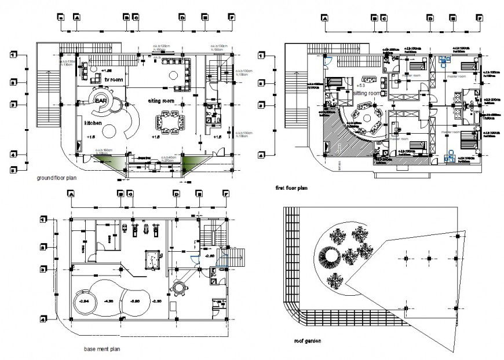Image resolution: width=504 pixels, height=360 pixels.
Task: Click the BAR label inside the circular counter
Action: click(x=99, y=100)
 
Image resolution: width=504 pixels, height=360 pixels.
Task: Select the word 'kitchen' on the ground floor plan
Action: click(x=93, y=123)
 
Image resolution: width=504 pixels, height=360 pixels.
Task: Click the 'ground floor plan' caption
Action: click(x=56, y=178)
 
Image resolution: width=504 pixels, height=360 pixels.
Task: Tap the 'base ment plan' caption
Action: click(x=102, y=350)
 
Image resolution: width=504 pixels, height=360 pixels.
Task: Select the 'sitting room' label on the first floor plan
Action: click(x=367, y=93)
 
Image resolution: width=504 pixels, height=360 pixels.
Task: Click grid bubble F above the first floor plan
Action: click(x=480, y=19)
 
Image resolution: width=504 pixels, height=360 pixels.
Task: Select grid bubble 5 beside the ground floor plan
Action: click(x=13, y=170)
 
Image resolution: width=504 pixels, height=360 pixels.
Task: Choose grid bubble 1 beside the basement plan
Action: click(x=42, y=219)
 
